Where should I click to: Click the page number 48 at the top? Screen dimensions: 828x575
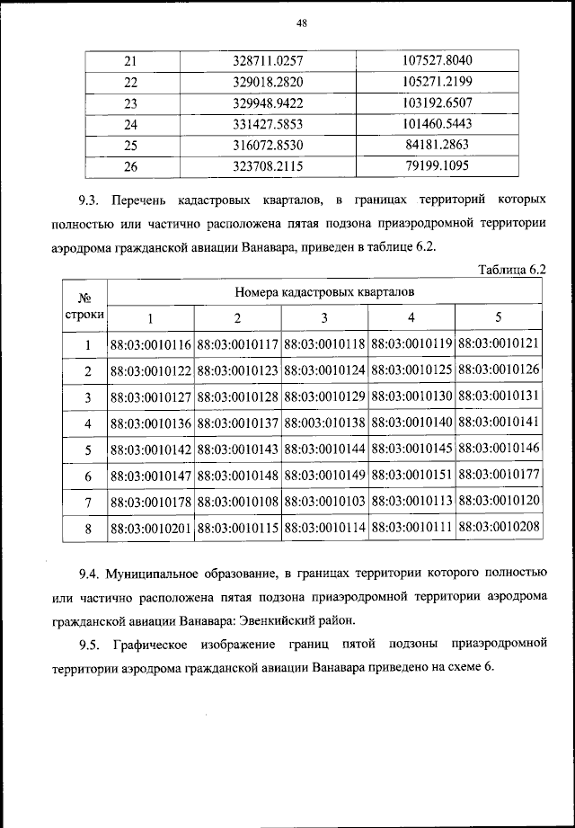tap(301, 24)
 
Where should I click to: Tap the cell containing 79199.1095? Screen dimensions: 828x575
tap(438, 166)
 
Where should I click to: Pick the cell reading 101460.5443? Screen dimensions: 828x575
tap(438, 124)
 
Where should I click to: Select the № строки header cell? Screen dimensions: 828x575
tap(85, 305)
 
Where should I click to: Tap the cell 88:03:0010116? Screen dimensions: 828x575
tap(151, 344)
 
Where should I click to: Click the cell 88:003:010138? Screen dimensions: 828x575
tap(324, 423)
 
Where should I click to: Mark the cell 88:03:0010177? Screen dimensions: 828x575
tap(499, 476)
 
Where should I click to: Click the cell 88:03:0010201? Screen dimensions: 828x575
tap(151, 529)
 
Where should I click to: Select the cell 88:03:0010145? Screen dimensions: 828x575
tap(411, 450)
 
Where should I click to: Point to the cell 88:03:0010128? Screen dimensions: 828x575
tap(237, 396)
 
